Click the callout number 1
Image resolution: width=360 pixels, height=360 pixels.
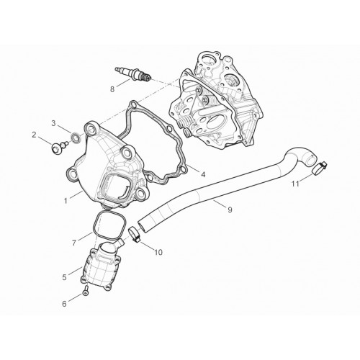pyautogui.click(x=66, y=201)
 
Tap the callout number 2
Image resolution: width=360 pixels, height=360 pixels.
pyautogui.click(x=34, y=135)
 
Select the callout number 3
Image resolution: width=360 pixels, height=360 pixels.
pyautogui.click(x=53, y=123)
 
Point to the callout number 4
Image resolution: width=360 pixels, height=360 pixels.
pyautogui.click(x=203, y=174)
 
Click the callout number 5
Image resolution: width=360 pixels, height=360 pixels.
pyautogui.click(x=64, y=277)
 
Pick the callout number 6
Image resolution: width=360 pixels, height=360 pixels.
pyautogui.click(x=64, y=304)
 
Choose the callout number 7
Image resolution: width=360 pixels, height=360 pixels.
pyautogui.click(x=74, y=243)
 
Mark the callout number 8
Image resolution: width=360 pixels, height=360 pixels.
pyautogui.click(x=112, y=89)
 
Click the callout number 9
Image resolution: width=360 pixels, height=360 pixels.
pyautogui.click(x=230, y=210)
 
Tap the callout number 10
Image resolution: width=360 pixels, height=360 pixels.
pyautogui.click(x=158, y=252)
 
